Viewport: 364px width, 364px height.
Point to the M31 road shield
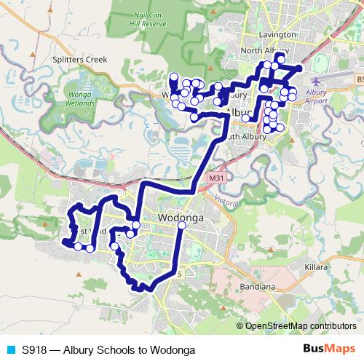click(215, 178)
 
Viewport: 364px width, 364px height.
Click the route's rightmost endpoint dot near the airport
click(298, 68)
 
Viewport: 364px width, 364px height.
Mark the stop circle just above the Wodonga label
click(181, 226)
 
